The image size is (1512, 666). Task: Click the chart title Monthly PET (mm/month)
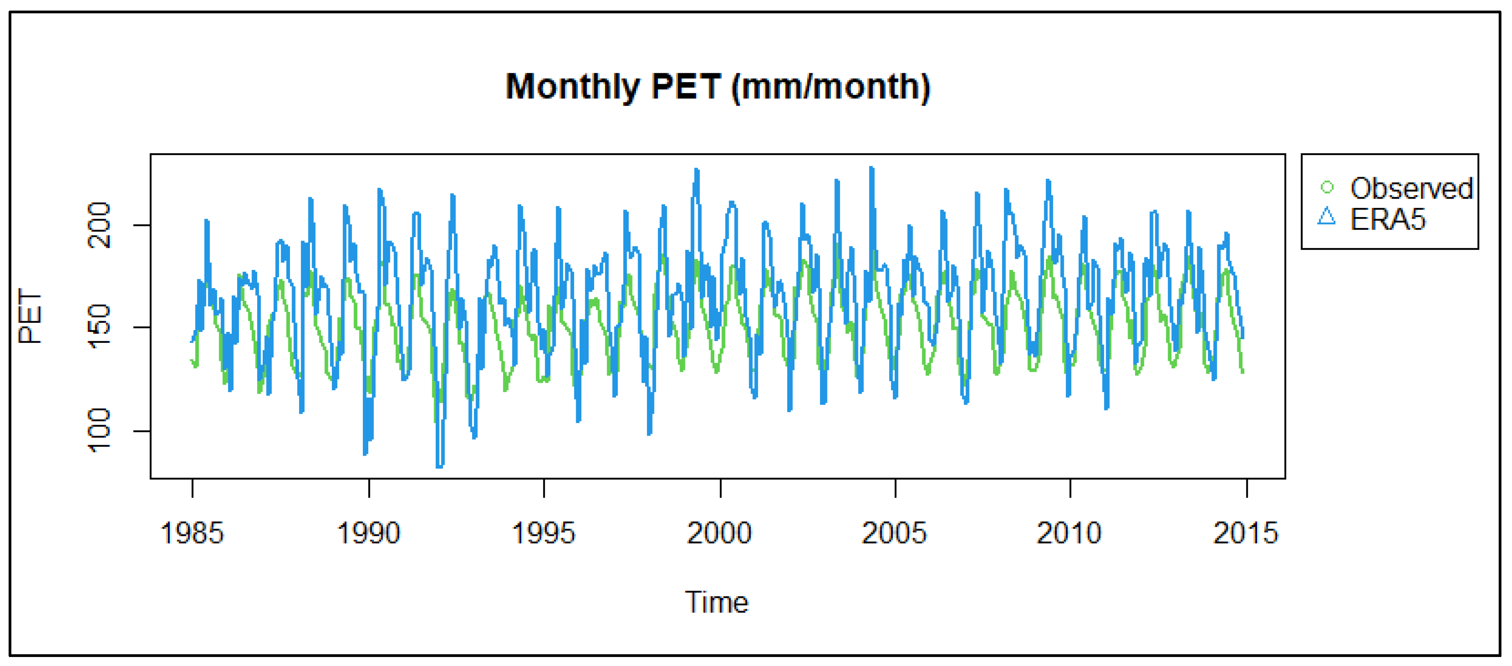717,87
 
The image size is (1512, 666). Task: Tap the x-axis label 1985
192,533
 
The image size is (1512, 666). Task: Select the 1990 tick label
368,533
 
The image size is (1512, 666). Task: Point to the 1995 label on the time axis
544,533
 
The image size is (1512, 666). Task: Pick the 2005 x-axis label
894,533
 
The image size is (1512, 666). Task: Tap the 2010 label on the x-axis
1069,533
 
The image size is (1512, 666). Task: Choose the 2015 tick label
1245,533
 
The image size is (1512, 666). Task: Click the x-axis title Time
717,602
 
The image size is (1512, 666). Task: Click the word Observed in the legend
1411,188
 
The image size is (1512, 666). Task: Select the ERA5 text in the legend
1388,219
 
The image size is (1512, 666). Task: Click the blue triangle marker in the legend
1326,217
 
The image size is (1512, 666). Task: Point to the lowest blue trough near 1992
440,466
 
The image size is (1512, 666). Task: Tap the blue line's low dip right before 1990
365,453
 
